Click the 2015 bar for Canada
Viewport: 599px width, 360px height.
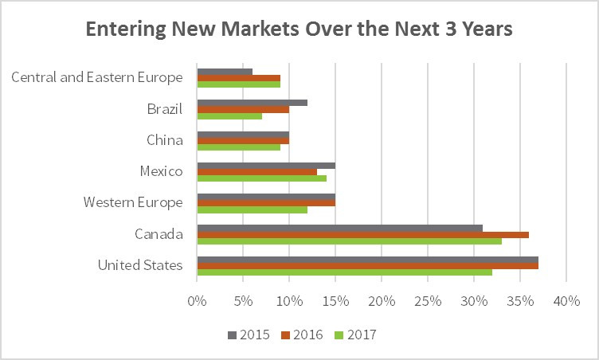340,228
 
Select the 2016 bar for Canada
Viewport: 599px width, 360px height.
362,234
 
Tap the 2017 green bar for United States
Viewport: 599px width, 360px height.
344,272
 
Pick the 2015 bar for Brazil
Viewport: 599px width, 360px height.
252,103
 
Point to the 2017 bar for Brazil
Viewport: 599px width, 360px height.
229,115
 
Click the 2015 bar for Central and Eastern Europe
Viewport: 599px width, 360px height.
225,72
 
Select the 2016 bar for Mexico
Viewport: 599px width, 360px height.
256,172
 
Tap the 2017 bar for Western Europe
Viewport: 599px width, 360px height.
252,209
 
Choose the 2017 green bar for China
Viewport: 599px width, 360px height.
238,147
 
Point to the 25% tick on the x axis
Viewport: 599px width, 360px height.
428,302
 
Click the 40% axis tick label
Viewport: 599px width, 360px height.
566,302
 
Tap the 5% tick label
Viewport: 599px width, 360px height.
243,302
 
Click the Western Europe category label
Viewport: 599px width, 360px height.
132,202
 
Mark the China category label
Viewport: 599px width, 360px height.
164,140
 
